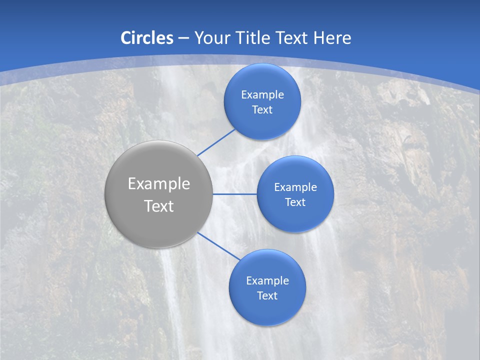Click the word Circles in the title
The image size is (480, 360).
tap(147, 38)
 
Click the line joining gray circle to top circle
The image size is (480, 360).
tap(217, 142)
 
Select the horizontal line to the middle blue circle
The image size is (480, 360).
tap(234, 194)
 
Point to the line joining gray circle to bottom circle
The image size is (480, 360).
tap(219, 246)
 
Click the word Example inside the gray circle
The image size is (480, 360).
tap(159, 184)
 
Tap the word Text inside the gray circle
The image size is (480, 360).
tap(159, 206)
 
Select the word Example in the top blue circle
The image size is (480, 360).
tap(262, 95)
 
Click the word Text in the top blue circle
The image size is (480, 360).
tap(262, 110)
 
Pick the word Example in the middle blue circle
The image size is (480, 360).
tap(295, 187)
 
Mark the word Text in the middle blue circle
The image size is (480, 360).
tap(295, 202)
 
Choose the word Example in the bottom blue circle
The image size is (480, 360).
tap(267, 281)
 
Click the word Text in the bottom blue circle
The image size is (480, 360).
tap(267, 296)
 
